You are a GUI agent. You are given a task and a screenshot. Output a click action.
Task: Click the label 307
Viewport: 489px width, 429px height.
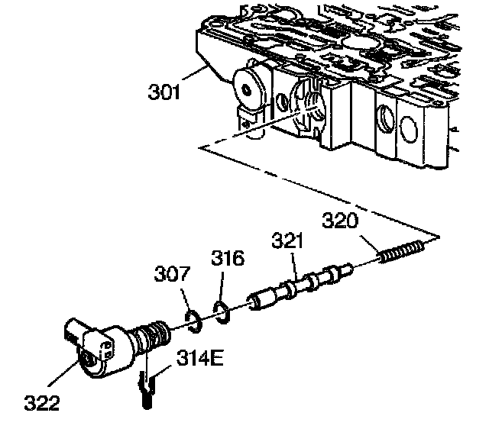(172, 273)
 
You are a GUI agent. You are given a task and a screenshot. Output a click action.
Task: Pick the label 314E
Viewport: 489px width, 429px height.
(201, 356)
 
